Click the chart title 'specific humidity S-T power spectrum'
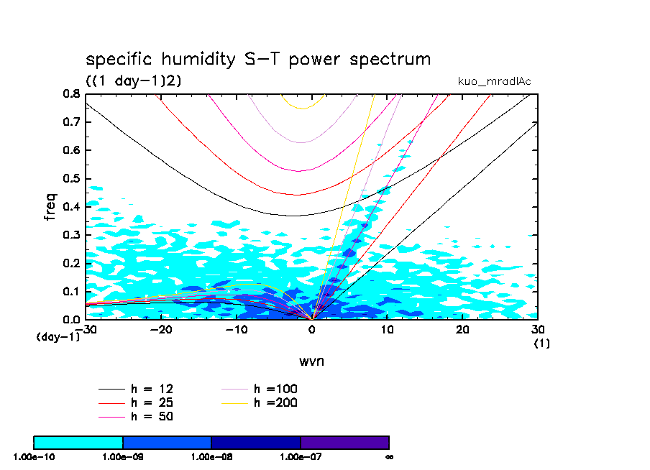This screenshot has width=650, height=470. tap(258, 59)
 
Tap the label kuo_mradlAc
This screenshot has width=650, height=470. tap(495, 81)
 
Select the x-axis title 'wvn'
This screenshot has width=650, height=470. tap(311, 361)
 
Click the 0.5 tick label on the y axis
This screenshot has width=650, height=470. tap(70, 179)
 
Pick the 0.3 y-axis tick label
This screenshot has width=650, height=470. tap(70, 235)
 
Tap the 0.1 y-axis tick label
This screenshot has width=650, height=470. tap(70, 291)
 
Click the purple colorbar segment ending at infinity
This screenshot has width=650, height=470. tap(344, 442)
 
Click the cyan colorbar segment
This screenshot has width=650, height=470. tap(78, 442)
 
